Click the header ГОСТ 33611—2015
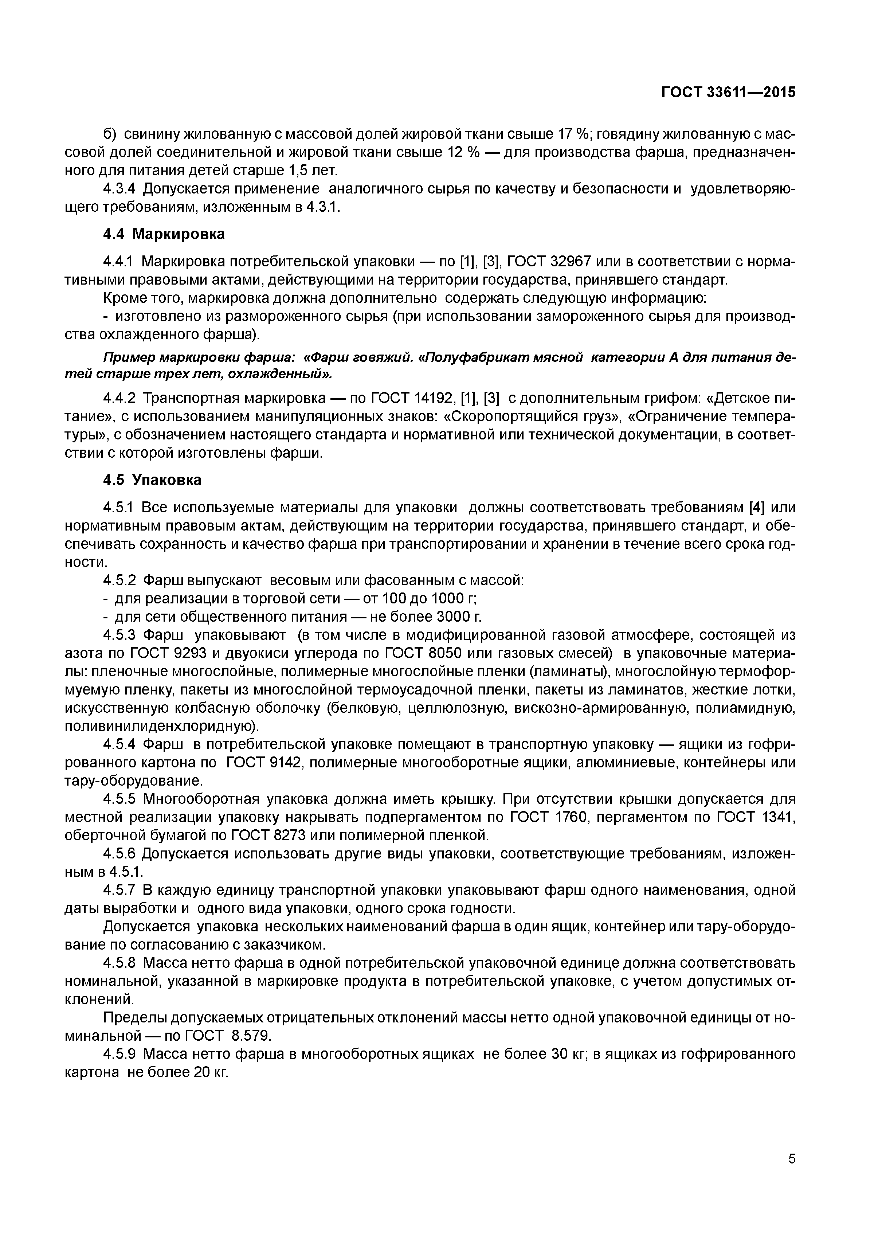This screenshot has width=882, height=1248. [x=728, y=93]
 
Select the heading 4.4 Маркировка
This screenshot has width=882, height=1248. [x=164, y=234]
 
